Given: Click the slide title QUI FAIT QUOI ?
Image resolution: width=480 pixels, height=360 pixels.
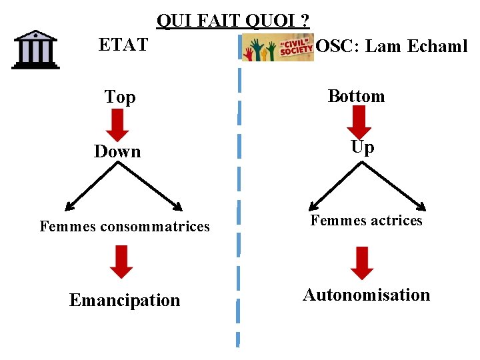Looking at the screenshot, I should tap(233, 21).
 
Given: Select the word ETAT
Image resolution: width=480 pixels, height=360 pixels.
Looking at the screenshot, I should tap(123, 45).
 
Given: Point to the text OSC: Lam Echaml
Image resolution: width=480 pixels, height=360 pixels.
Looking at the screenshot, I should tap(391, 47).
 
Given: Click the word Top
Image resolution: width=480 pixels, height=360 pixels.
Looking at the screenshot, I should tap(120, 97).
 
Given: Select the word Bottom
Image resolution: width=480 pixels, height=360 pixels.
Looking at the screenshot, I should tap(357, 96).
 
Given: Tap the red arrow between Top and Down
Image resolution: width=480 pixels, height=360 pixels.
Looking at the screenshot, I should tap(118, 125).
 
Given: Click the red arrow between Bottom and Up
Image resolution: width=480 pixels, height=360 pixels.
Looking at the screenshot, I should tap(360, 121).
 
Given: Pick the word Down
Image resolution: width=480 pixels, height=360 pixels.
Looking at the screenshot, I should tap(117, 152).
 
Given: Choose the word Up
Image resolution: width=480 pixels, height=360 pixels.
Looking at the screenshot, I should tap(362, 147).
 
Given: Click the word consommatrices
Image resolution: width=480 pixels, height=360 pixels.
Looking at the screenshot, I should tap(155, 227).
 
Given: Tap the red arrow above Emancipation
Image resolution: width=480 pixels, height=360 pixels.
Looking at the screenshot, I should tap(121, 261).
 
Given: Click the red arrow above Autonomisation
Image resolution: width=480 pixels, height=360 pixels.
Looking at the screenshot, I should tap(361, 263).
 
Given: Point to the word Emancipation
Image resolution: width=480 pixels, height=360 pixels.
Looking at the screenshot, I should tap(125, 301).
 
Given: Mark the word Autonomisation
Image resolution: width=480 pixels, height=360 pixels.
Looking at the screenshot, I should tap(367, 295).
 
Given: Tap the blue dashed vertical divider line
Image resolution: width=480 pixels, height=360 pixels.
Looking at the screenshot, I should tap(239, 200).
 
